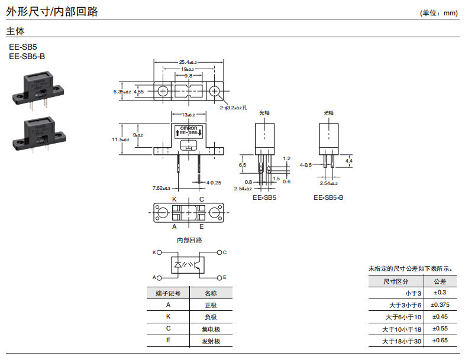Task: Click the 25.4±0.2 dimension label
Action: coord(188,62)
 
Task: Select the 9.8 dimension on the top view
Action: coord(188,76)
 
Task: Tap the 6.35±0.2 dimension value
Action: coord(122,92)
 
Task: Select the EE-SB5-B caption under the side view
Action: coord(328,197)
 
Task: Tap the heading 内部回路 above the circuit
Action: coord(189,240)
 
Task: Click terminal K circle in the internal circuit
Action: coord(160,252)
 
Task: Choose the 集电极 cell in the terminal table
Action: coord(211,329)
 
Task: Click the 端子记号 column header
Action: coord(168,293)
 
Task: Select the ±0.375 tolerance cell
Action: coord(440,305)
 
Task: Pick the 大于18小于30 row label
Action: coord(401,341)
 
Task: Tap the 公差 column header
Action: coord(440,281)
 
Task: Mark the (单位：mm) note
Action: coord(440,12)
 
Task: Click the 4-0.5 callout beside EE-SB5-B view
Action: coord(306,165)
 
